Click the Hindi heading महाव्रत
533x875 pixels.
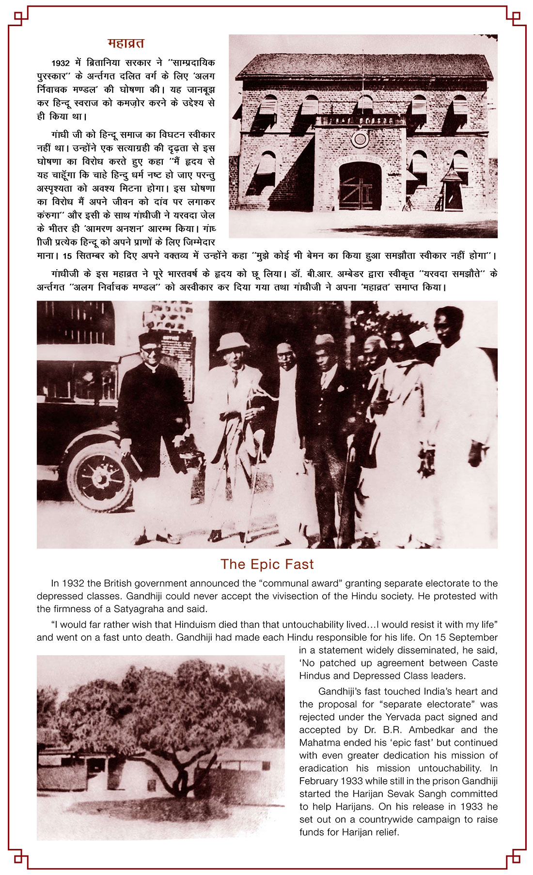125,44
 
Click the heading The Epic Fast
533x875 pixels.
267,564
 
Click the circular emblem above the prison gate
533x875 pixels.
360,139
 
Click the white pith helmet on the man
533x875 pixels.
233,342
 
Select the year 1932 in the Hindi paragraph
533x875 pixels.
61,63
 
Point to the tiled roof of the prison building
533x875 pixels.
363,66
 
